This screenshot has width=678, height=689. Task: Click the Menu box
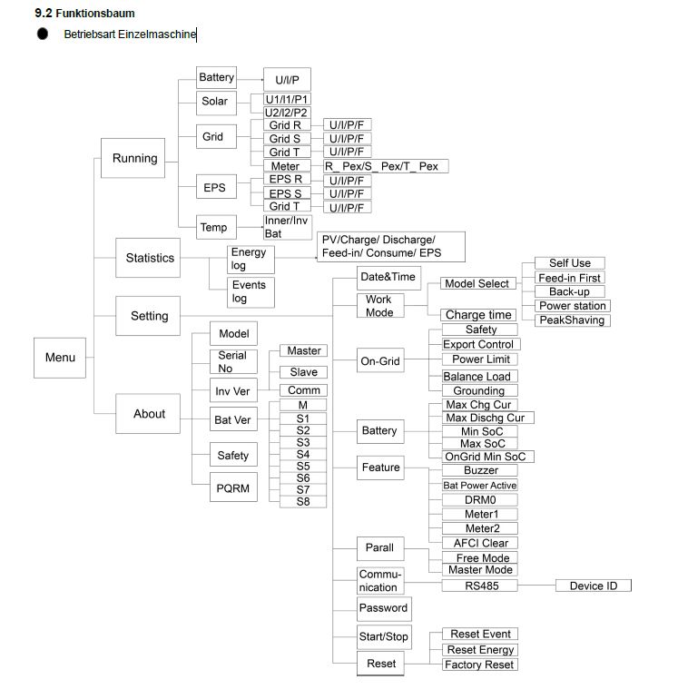tap(60, 357)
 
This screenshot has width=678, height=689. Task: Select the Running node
tap(134, 158)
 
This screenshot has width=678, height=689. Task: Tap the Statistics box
tap(150, 258)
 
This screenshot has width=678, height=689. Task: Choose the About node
tap(149, 413)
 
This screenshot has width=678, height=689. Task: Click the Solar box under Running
tap(215, 101)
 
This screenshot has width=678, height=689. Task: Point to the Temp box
tap(215, 227)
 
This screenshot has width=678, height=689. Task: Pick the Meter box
tap(285, 166)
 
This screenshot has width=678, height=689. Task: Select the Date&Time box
tap(387, 277)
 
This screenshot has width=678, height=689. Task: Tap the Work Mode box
tap(378, 305)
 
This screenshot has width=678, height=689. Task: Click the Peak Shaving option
tap(571, 320)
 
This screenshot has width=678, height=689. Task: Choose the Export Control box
tap(479, 344)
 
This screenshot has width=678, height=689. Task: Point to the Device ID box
tap(593, 586)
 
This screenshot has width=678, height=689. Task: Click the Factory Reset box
tap(480, 664)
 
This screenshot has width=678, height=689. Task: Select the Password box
tap(383, 607)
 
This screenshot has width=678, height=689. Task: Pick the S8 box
tap(303, 501)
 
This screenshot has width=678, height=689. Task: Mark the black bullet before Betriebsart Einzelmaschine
tap(43, 34)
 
